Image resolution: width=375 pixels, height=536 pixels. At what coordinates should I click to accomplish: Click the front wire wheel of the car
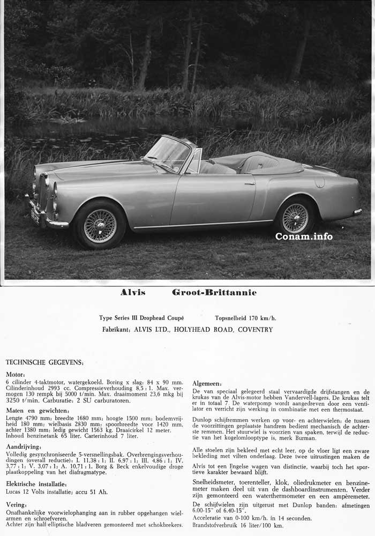[x=100, y=226]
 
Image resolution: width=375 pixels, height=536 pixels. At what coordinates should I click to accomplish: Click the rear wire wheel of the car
[x=295, y=218]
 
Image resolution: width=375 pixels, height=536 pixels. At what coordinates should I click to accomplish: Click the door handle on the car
[x=250, y=183]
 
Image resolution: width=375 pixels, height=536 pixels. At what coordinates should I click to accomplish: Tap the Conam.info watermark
[x=304, y=236]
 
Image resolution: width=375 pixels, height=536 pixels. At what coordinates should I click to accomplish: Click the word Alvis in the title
[x=133, y=293]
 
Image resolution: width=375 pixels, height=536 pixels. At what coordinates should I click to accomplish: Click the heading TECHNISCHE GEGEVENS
[x=44, y=362]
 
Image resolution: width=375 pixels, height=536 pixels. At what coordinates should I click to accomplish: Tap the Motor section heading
[x=16, y=374]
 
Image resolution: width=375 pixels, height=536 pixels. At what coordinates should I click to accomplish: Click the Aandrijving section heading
[x=24, y=446]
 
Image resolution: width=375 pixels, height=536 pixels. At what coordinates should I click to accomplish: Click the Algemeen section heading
[x=207, y=384]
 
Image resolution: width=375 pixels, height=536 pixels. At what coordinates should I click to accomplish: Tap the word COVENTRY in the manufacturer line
[x=256, y=330]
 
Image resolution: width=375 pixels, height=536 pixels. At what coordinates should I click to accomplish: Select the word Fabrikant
[x=116, y=330]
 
